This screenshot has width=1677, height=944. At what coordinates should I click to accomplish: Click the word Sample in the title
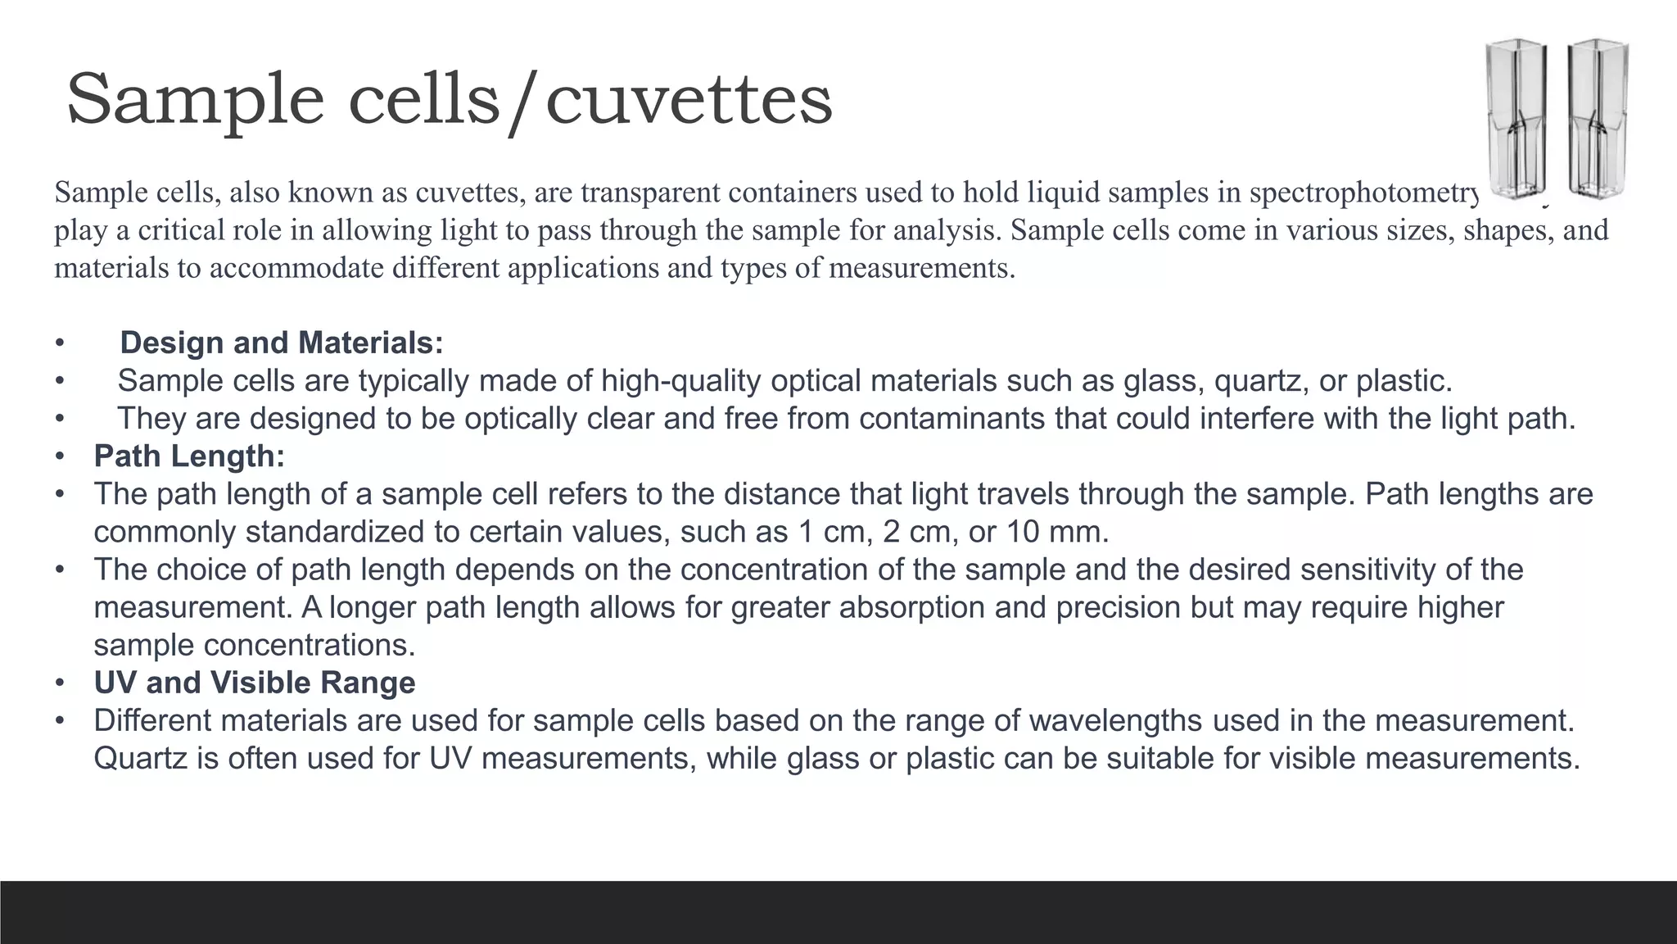[x=195, y=100]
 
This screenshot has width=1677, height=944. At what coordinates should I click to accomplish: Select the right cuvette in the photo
[x=1598, y=119]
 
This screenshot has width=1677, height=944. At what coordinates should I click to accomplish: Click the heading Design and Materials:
[x=282, y=343]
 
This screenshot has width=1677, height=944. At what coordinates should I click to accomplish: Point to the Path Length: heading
[x=189, y=456]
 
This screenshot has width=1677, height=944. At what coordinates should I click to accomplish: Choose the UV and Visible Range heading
[x=255, y=683]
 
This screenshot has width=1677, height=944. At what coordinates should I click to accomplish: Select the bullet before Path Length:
[x=60, y=456]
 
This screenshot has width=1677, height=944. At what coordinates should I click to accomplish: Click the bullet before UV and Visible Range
[x=60, y=683]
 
